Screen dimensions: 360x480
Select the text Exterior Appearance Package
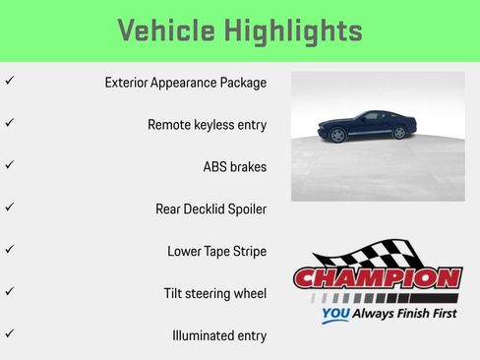point(186,83)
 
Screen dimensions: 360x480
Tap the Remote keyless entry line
point(208,125)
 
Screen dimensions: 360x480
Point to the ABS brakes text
point(234,166)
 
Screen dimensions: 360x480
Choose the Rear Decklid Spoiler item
point(211,209)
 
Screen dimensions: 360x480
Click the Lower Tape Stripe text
point(217,251)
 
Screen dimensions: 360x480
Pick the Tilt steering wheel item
point(215,293)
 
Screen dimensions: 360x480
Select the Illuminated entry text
point(219,335)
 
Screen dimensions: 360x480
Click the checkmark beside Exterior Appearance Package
point(9,82)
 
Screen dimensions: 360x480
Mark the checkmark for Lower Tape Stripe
point(9,250)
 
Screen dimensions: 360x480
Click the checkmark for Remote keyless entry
point(9,124)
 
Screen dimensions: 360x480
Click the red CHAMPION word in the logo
point(378,278)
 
